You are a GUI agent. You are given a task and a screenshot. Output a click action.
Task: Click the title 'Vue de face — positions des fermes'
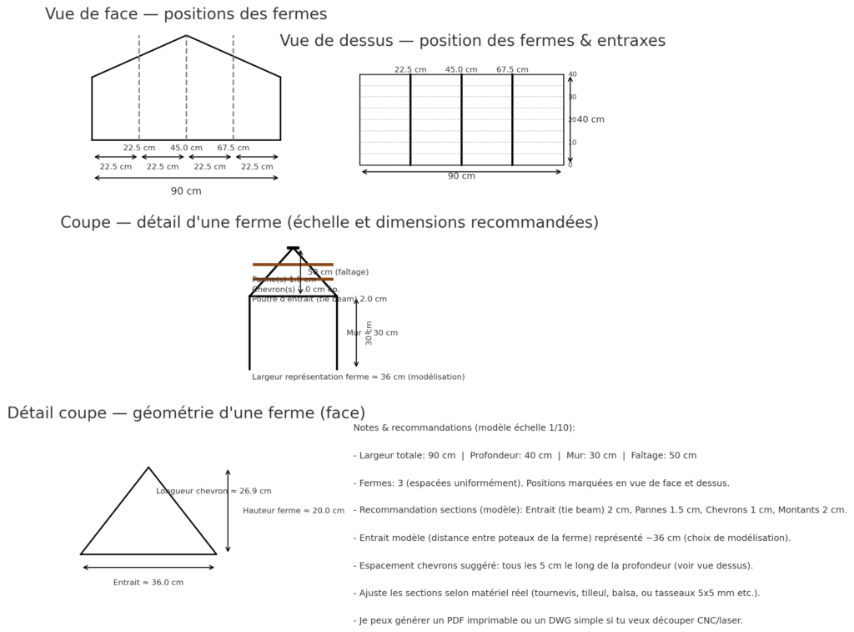pos(186,14)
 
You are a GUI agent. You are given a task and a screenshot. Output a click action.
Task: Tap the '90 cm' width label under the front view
pos(186,191)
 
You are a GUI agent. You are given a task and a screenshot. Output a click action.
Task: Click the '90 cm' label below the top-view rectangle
pos(461,176)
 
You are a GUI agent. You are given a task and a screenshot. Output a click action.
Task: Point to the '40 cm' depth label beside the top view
pos(591,119)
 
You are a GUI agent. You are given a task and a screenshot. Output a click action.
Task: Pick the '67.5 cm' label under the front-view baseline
pos(234,148)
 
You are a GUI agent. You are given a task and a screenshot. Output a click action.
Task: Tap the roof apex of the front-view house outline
pos(186,36)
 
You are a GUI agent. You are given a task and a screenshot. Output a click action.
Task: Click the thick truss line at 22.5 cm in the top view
pos(410,119)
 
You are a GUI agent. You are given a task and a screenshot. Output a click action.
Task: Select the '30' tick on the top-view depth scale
pos(572,97)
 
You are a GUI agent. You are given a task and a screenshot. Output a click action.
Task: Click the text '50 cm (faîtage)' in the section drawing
pos(338,271)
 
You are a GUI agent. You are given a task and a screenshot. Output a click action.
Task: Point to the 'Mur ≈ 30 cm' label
pos(372,333)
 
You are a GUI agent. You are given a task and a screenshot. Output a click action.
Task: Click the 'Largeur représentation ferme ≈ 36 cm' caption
pos(359,377)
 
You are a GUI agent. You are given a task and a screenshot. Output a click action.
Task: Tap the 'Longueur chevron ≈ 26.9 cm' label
pos(213,491)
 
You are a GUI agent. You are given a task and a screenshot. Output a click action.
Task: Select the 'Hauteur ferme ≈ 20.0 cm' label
pos(294,510)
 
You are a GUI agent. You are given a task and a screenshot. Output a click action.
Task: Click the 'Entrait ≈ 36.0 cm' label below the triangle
pos(148,582)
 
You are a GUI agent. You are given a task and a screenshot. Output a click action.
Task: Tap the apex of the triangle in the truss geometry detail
pos(148,468)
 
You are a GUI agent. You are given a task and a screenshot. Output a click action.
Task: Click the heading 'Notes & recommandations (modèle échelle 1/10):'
pos(464,427)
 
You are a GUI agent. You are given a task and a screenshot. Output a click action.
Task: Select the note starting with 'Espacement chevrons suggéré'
pos(553,565)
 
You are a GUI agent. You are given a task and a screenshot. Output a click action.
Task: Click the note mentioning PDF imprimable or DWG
pos(547,620)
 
